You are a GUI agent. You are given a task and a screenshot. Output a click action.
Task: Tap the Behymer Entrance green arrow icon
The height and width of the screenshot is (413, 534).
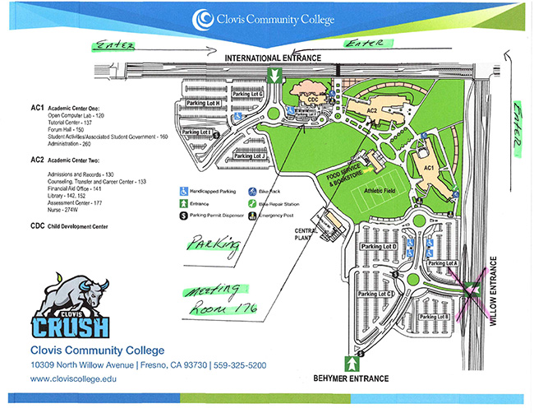pyautogui.click(x=353, y=363)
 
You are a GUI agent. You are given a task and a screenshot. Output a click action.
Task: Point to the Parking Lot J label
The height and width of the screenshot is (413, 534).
pyautogui.click(x=249, y=155)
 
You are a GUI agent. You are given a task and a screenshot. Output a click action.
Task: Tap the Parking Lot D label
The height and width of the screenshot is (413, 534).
pyautogui.click(x=380, y=247)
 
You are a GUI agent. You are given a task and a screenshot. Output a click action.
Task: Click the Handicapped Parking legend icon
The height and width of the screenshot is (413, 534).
pyautogui.click(x=185, y=190)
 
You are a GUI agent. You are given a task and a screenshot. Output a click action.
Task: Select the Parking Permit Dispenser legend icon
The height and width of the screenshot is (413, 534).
pyautogui.click(x=185, y=216)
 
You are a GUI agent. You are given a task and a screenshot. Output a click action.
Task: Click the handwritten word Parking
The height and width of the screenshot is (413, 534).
pyautogui.click(x=213, y=244)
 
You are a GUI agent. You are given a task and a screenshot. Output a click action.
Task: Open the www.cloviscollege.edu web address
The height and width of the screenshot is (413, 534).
pyautogui.click(x=74, y=379)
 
